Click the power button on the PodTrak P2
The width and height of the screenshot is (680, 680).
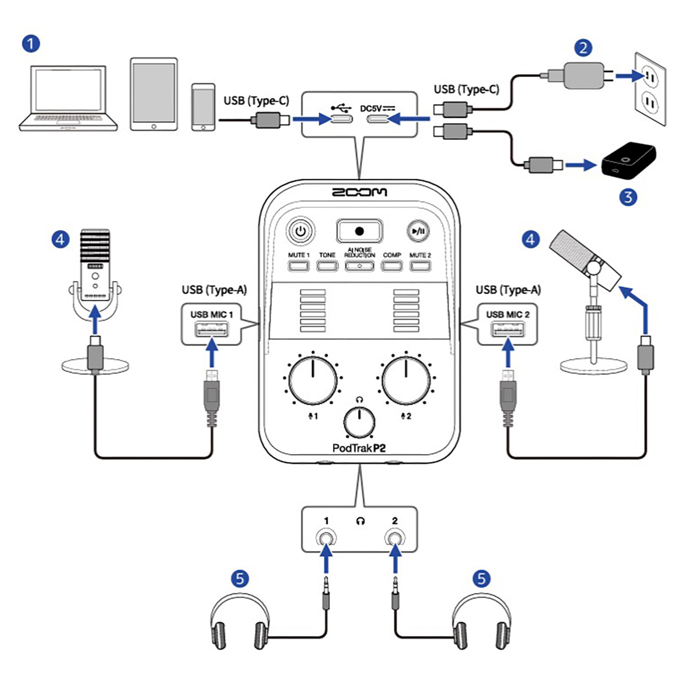301,231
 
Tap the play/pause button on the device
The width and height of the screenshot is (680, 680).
419,231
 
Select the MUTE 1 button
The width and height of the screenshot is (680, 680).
299,265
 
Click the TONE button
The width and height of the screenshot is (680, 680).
327,265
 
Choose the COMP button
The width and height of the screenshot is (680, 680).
392,265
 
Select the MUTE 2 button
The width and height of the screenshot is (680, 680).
420,265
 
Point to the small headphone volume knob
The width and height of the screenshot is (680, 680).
360,422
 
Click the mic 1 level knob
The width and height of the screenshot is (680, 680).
313,380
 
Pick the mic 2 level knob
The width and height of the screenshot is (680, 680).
406,380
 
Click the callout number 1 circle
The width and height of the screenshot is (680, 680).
31,43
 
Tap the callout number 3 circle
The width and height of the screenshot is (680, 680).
628,197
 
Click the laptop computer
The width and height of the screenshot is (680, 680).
68,99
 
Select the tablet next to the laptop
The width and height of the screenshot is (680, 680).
154,94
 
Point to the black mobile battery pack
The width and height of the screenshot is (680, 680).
628,160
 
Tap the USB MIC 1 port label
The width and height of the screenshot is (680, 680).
211,314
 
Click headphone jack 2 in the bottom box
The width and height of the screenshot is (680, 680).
394,539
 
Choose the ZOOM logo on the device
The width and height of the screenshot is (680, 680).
360,192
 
